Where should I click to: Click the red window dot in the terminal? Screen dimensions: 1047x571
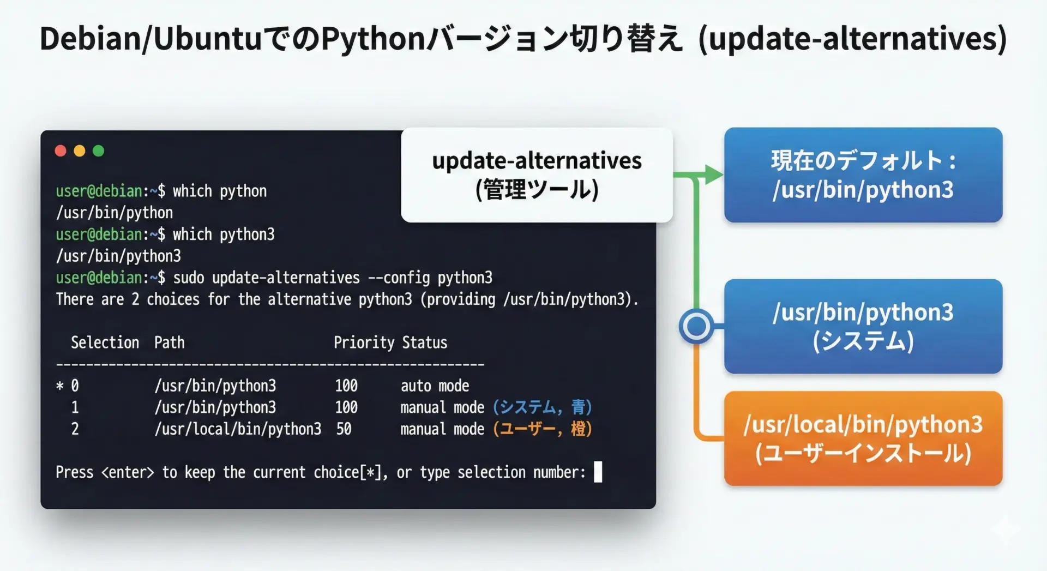coord(61,151)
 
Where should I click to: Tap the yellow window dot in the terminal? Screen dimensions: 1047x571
coord(80,151)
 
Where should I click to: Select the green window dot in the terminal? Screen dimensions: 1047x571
coord(98,151)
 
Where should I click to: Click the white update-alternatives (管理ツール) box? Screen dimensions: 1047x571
coord(537,175)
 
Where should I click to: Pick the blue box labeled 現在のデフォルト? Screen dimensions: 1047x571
coord(863,175)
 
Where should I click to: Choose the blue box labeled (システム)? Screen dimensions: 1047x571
coord(863,326)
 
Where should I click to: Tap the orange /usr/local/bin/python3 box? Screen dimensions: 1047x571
coord(863,438)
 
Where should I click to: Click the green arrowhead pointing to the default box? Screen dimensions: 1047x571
coord(714,175)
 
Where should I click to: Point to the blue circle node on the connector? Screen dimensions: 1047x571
coord(696,326)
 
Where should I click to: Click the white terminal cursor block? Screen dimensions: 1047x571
coord(598,472)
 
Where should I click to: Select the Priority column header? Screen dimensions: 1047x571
coord(364,342)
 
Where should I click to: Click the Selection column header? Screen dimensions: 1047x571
coord(105,342)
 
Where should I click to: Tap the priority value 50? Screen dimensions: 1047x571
coord(344,429)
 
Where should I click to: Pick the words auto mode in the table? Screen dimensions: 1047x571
coord(435,386)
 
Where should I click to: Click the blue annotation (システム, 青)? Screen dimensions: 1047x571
coord(543,407)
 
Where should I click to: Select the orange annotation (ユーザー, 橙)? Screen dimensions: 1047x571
coord(543,429)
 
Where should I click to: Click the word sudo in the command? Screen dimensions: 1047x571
coord(189,278)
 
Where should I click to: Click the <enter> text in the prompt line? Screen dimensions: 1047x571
coord(128,472)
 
